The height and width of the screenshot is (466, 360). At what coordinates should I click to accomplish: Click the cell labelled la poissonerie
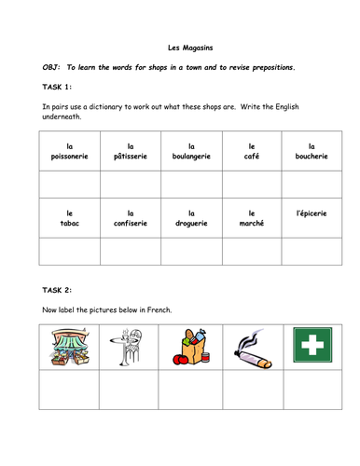[x=68, y=151]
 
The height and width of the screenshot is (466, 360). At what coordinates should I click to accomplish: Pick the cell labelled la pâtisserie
[x=130, y=151]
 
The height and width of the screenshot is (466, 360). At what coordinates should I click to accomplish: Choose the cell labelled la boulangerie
[x=190, y=151]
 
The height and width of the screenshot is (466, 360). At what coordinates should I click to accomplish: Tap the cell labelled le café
[x=252, y=151]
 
